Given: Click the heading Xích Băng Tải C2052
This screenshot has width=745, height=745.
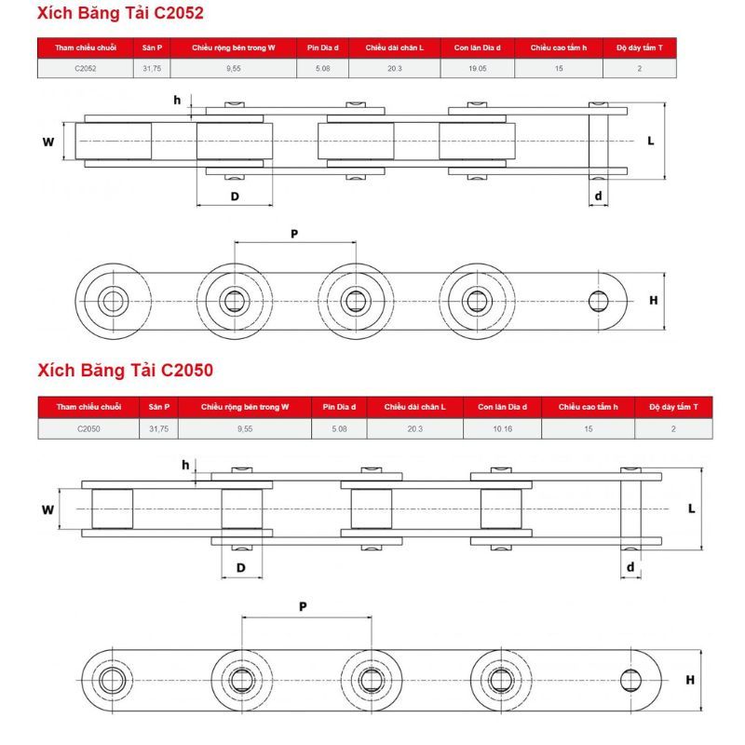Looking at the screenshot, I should click(x=120, y=14).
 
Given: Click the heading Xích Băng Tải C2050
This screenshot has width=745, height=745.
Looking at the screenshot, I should click(x=126, y=371).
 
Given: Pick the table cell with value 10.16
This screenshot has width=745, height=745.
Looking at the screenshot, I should click(x=502, y=428).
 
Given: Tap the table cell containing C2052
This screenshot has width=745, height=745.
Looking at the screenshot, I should click(x=85, y=68).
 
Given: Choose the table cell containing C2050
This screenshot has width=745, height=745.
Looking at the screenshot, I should click(x=88, y=428).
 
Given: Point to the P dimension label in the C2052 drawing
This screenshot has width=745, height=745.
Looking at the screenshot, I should click(x=294, y=234).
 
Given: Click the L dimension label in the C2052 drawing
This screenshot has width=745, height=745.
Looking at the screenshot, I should click(x=650, y=141).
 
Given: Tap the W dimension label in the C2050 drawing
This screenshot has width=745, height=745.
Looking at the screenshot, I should click(x=48, y=509).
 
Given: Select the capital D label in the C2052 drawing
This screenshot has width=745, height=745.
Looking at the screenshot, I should click(x=235, y=196).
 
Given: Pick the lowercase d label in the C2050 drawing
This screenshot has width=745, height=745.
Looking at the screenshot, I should click(x=630, y=566).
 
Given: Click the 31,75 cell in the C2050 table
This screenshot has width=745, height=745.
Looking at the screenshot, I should click(x=158, y=428).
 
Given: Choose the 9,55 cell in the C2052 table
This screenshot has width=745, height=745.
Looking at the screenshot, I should click(x=233, y=68).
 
